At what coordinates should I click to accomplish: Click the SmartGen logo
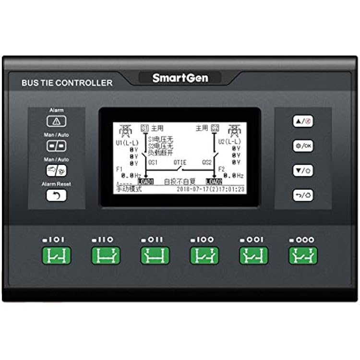(x=180, y=78)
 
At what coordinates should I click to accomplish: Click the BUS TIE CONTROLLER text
(x=67, y=83)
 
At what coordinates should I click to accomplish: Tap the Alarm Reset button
(x=57, y=195)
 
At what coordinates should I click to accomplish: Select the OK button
(x=303, y=145)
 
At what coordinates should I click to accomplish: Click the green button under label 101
(x=57, y=255)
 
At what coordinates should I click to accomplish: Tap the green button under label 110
(x=106, y=255)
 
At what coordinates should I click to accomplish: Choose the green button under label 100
(x=204, y=255)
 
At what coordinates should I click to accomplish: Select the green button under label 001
(x=254, y=255)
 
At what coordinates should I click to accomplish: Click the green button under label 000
(x=303, y=255)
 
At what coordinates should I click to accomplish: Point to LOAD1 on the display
(x=146, y=181)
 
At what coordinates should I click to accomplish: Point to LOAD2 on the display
(x=214, y=181)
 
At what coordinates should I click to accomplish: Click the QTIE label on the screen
(x=180, y=162)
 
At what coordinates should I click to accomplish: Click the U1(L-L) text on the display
(x=126, y=143)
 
